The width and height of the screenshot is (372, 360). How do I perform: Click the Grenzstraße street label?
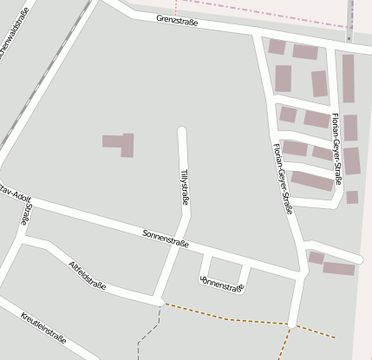pos(177,20)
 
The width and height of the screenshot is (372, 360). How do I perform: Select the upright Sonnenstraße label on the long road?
pos(165,239)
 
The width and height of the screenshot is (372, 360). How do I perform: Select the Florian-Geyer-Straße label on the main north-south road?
pos(283,178)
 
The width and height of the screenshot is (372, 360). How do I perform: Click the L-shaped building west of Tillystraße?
pos(121,144)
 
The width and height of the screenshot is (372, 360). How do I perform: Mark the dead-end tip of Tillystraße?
pos(182,132)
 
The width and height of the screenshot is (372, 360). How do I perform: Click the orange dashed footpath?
pos(227,317)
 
